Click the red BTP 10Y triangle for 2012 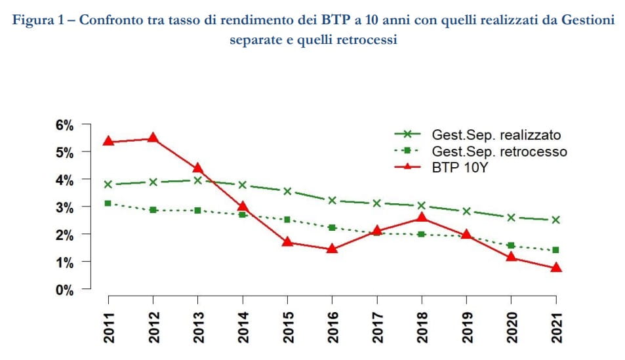point(152,138)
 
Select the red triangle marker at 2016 point(332,249)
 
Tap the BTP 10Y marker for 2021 point(555,268)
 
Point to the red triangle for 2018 point(422,217)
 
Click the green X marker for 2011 point(108,184)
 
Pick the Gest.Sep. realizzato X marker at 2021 point(555,220)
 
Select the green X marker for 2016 point(332,201)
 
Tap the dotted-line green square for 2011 point(108,203)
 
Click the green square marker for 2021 point(555,250)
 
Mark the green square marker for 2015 point(287,219)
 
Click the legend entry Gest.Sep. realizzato point(496,135)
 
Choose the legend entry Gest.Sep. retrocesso point(499,151)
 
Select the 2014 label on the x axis point(243,325)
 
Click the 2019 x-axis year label point(466,325)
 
